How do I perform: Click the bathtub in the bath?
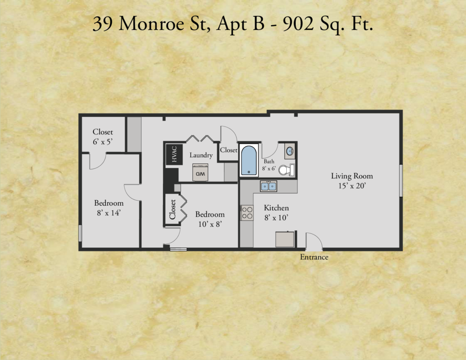(x=248, y=160)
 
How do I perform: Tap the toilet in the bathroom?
(x=287, y=170)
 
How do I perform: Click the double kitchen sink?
(x=268, y=186)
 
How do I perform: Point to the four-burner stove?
(x=247, y=213)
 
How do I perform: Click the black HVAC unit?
(x=174, y=154)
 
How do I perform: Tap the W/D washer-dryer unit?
(x=200, y=172)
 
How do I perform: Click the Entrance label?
(x=314, y=257)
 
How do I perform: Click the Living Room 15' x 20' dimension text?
(x=352, y=186)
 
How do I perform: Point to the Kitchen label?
(x=276, y=208)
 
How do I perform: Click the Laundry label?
(x=201, y=155)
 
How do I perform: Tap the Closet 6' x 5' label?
(x=102, y=137)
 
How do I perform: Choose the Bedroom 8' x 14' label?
(x=109, y=208)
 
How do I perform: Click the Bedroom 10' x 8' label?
(x=210, y=219)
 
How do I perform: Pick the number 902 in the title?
(x=298, y=24)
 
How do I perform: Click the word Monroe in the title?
(x=151, y=24)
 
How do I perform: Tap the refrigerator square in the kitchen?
(x=285, y=239)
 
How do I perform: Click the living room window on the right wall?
(x=400, y=180)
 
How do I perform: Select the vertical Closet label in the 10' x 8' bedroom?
(x=172, y=209)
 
